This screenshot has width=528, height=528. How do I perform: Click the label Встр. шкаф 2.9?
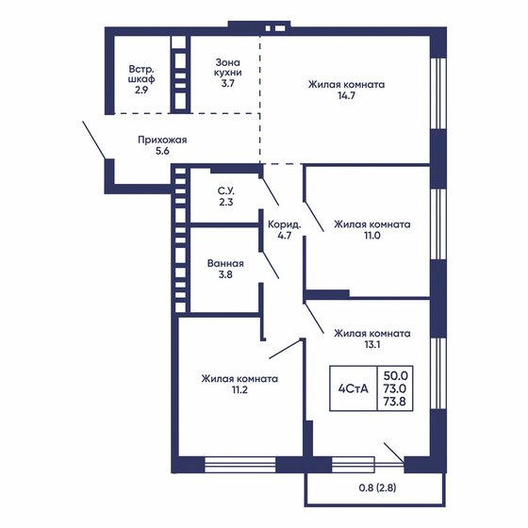pos(143,80)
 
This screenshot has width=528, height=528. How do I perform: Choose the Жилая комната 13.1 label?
pos(371,338)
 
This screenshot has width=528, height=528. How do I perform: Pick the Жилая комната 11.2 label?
pos(239,386)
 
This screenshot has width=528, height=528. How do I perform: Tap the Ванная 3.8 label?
pos(225,270)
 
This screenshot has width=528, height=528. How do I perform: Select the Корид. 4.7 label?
pos(284,231)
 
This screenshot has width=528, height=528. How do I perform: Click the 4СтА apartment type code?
pos(355,387)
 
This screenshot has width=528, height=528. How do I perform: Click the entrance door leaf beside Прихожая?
pos(94,140)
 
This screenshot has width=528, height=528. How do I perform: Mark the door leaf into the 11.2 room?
pos(284,349)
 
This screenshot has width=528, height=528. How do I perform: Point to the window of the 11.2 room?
pos(239,463)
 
